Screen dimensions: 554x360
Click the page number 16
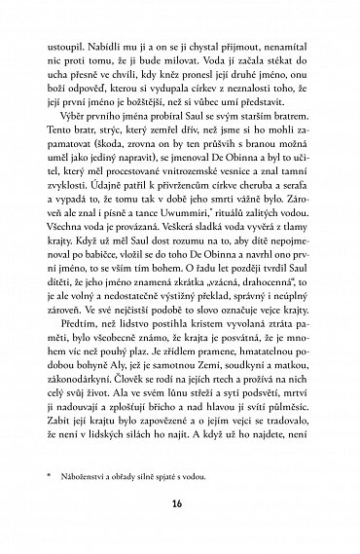tap(180, 503)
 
